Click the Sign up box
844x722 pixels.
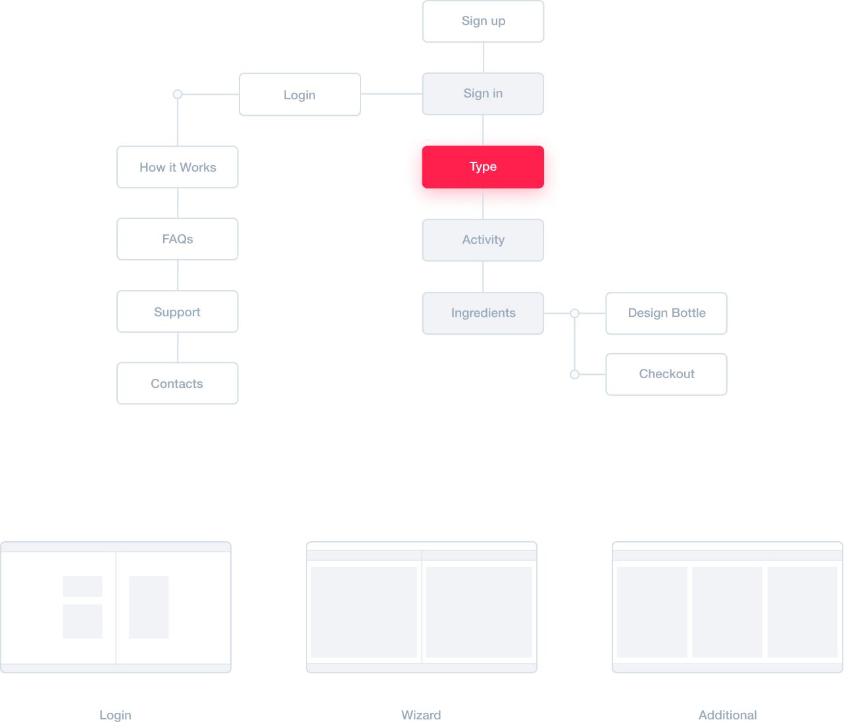483,21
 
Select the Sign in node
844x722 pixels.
483,94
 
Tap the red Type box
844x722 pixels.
483,167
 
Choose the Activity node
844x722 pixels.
483,240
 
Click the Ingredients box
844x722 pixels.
483,313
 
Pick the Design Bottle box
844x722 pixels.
666,313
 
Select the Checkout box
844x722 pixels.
666,374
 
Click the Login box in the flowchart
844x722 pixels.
299,95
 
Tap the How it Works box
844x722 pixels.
178,167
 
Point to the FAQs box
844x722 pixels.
178,239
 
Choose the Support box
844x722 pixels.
178,312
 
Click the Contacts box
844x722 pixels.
178,383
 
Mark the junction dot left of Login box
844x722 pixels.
177,95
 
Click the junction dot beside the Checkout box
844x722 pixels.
574,374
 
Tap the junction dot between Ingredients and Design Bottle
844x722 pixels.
574,314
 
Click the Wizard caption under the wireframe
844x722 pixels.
421,715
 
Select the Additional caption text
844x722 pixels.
728,715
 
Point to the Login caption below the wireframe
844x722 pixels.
115,715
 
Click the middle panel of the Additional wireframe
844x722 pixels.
727,612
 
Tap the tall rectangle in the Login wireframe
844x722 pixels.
149,607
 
